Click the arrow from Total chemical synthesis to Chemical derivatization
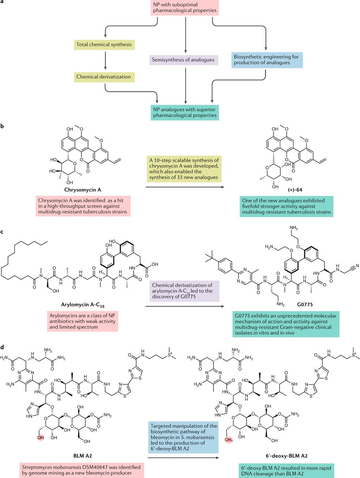coord(104,59)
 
